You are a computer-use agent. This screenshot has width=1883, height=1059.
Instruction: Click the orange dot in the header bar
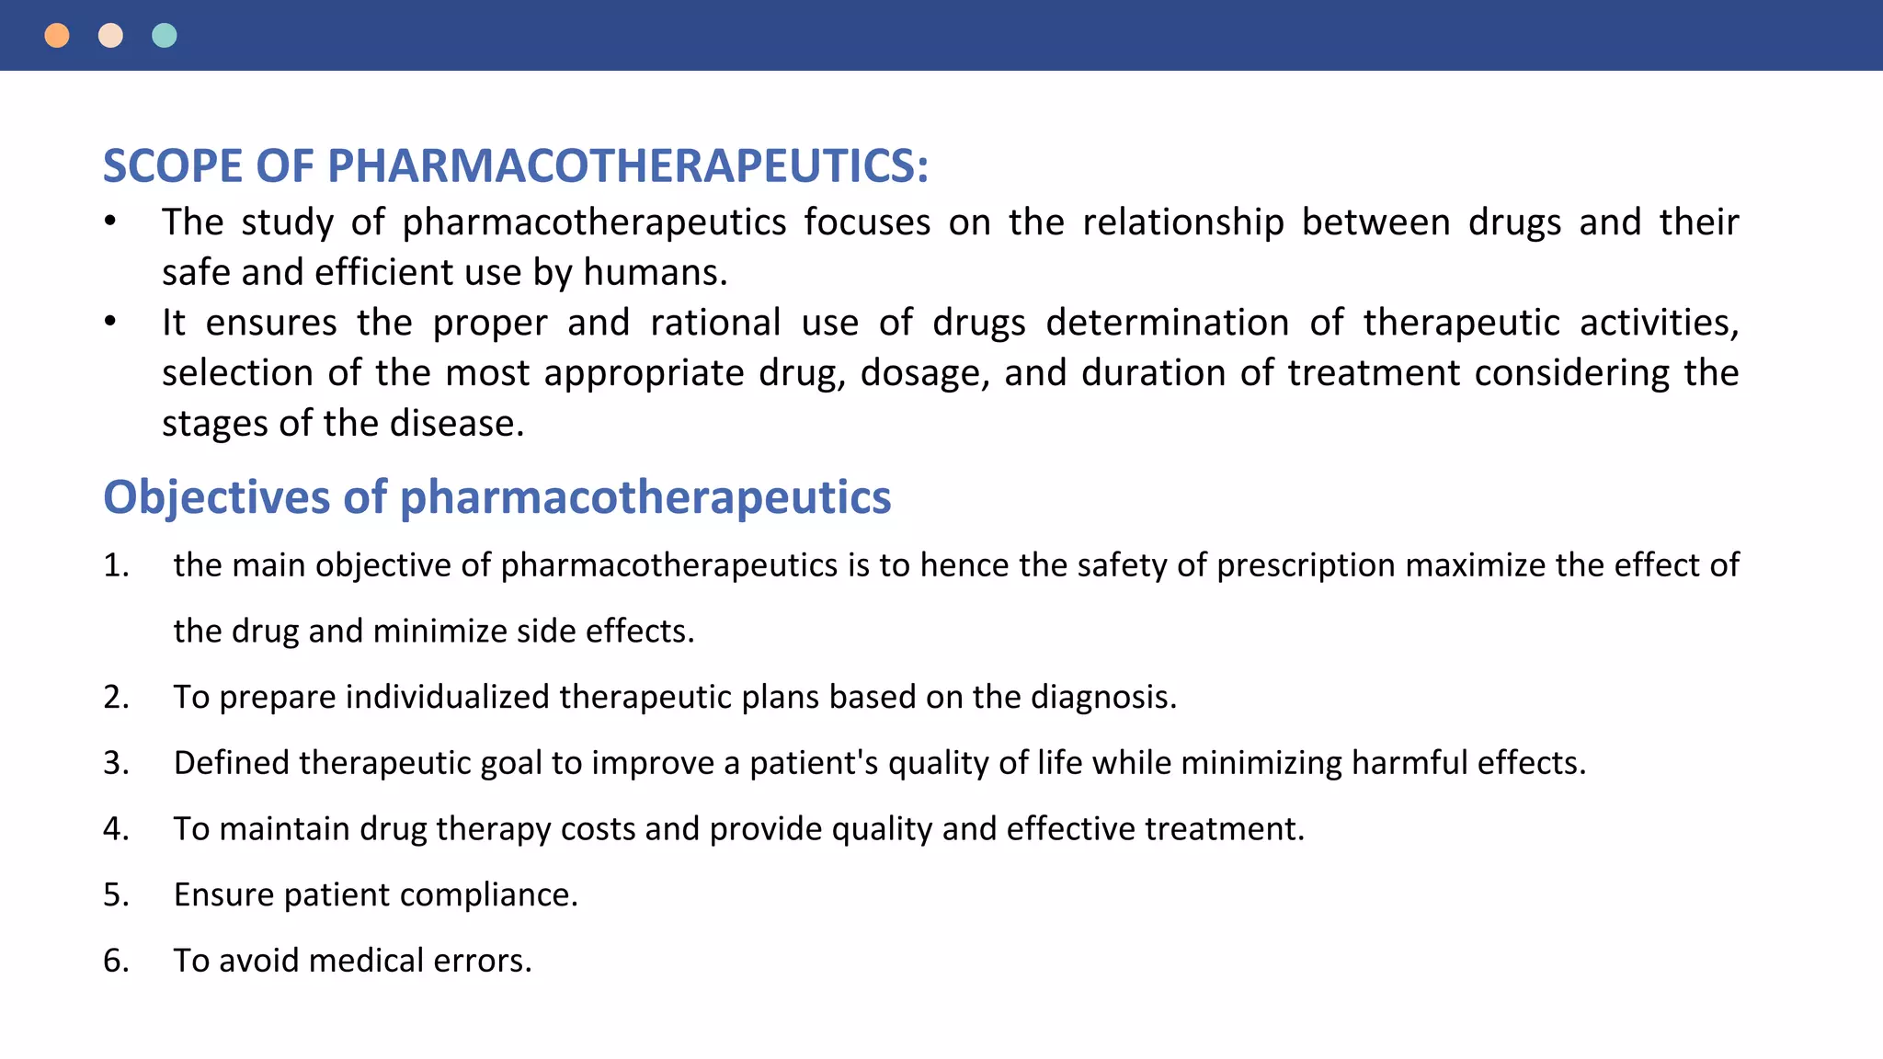(x=57, y=36)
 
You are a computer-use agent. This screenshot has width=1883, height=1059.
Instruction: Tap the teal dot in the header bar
(x=165, y=36)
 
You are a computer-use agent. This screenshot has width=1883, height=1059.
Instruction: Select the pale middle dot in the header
(x=110, y=36)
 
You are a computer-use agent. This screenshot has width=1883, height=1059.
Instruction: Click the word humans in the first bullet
(x=655, y=273)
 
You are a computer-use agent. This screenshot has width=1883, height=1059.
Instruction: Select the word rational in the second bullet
(x=715, y=324)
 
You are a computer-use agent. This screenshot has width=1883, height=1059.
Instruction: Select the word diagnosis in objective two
(x=1103, y=698)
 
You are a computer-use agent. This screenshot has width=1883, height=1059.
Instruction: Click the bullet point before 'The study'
(x=110, y=222)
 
